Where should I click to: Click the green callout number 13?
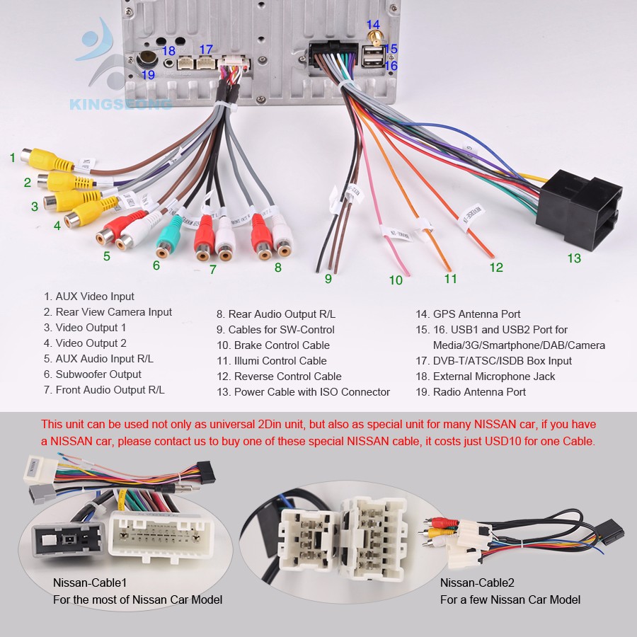coord(574,258)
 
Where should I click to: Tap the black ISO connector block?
coord(578,209)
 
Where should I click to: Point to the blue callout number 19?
coord(148,75)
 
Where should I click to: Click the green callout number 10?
coord(395,280)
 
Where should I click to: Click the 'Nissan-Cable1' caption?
coord(90,583)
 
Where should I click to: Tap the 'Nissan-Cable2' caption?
coord(477,583)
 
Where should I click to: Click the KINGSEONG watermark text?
coord(120,105)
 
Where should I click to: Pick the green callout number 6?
coord(156,266)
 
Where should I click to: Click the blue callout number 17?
coord(205,49)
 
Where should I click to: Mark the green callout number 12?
coord(495,268)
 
